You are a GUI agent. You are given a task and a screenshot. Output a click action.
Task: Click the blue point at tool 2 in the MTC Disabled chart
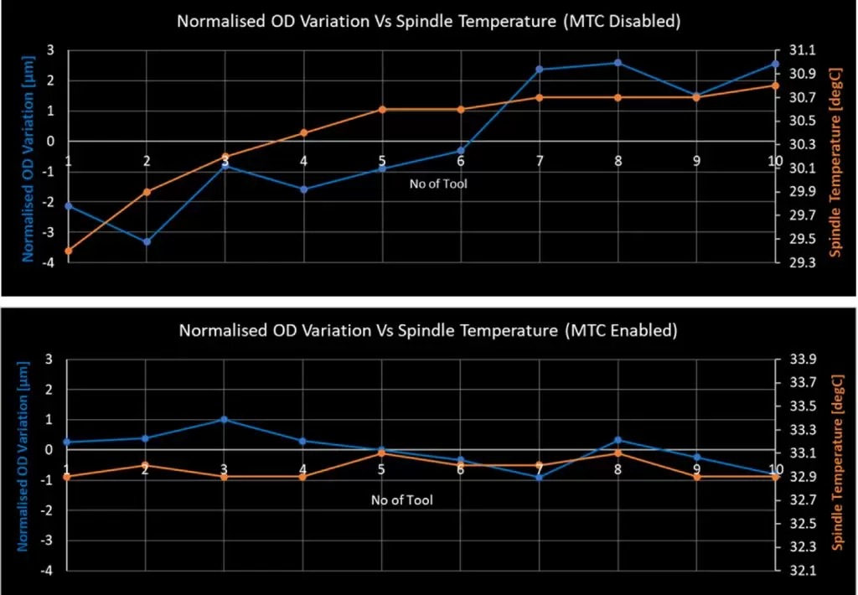[x=147, y=242]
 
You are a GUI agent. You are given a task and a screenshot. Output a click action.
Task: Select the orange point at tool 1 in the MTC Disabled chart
[x=68, y=251]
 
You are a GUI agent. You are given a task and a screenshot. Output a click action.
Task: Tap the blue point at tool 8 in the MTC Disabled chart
[x=618, y=63]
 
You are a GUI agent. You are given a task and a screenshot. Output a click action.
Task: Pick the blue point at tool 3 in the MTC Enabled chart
[x=225, y=419]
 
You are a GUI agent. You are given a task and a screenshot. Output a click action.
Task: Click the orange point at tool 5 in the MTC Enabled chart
[x=381, y=453]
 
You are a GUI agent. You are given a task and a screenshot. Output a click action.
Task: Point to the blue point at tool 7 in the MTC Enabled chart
[x=540, y=478]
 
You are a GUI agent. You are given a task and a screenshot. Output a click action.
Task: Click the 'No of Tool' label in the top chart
[x=438, y=184]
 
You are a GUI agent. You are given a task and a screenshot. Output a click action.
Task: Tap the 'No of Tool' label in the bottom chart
[x=402, y=500]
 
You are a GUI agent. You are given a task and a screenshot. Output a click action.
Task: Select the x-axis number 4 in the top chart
[x=303, y=161]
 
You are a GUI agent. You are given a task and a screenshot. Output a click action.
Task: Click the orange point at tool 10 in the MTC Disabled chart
[x=775, y=85]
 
